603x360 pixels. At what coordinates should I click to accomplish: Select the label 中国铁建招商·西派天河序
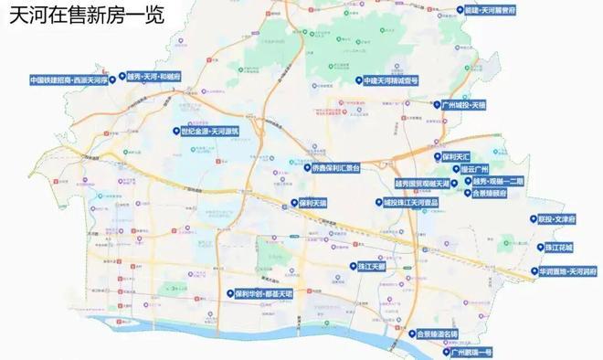(x=69, y=79)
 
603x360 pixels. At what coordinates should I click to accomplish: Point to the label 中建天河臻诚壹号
(x=391, y=80)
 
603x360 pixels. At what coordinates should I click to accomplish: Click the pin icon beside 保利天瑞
(x=291, y=203)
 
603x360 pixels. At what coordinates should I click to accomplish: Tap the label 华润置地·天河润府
(x=571, y=271)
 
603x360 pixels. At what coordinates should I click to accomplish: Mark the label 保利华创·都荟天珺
(x=264, y=293)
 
